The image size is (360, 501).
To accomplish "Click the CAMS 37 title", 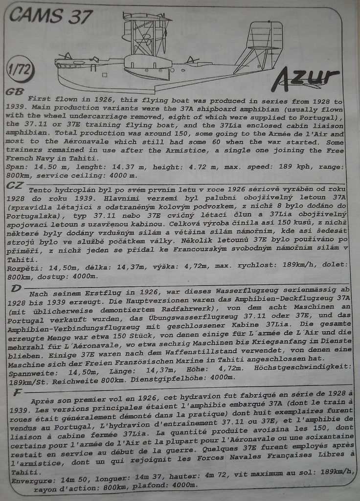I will tap(50, 17).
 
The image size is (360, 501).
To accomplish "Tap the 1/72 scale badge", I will tap(20, 70).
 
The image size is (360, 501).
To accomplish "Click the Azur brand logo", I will tap(305, 78).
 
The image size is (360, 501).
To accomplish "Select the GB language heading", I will tap(14, 91).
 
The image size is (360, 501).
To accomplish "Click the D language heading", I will tap(16, 288).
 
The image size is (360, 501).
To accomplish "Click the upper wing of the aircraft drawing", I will tap(147, 19).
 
